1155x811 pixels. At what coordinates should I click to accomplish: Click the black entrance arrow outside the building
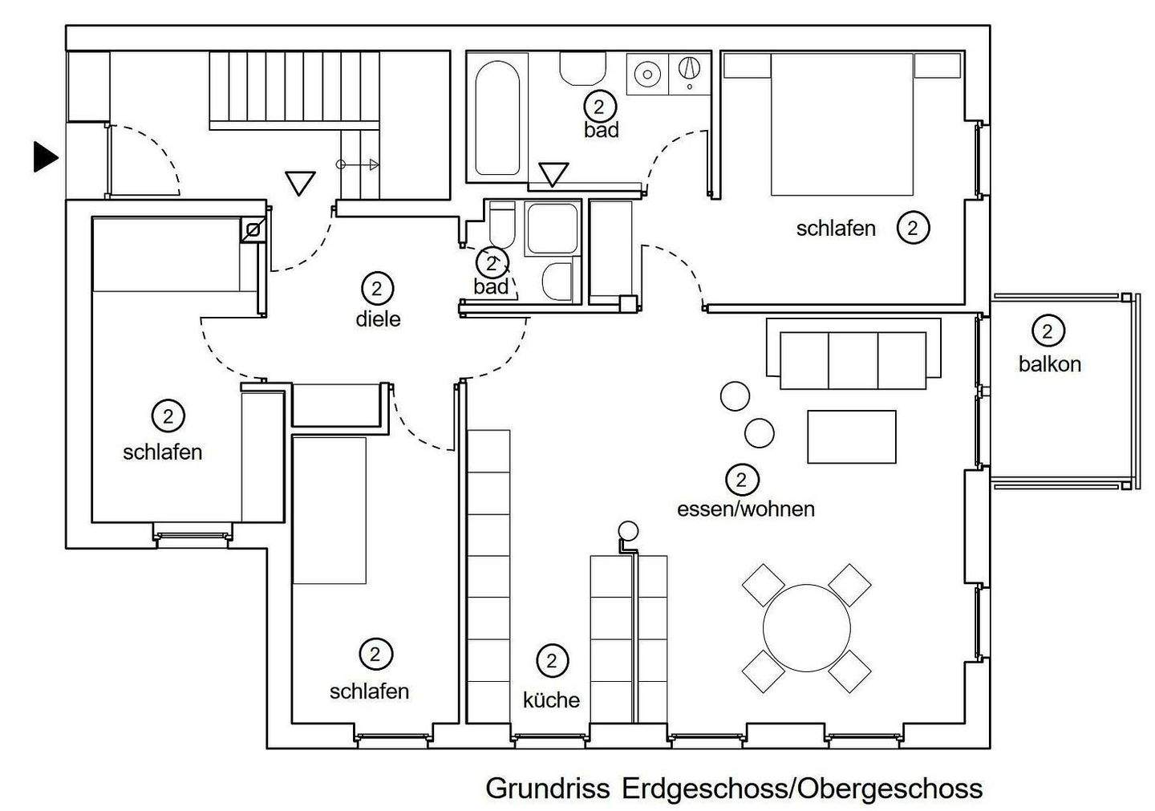tap(46, 156)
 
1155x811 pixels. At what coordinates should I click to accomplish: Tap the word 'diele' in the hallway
tap(378, 319)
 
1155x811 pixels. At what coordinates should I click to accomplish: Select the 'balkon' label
tap(1049, 364)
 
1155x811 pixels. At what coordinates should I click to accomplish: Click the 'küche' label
tap(551, 700)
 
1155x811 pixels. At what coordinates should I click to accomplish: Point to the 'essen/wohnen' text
tap(746, 509)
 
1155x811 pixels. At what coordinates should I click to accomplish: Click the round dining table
tap(806, 627)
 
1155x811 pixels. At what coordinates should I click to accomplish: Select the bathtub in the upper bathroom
tap(497, 118)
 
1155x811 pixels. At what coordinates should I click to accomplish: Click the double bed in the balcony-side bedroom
tap(842, 124)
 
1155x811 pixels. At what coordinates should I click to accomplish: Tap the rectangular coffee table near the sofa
tap(851, 436)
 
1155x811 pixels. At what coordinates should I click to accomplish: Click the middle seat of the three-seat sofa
tap(853, 360)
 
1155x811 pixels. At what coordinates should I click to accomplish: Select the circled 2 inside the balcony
tap(1048, 331)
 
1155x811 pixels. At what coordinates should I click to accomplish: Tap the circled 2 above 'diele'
tap(377, 289)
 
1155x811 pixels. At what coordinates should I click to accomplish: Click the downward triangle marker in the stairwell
tap(300, 184)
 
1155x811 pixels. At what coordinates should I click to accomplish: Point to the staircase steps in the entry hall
tap(294, 87)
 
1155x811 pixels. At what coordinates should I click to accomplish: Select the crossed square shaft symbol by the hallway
tap(253, 230)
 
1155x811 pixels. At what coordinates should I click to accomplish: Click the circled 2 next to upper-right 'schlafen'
tap(913, 228)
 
